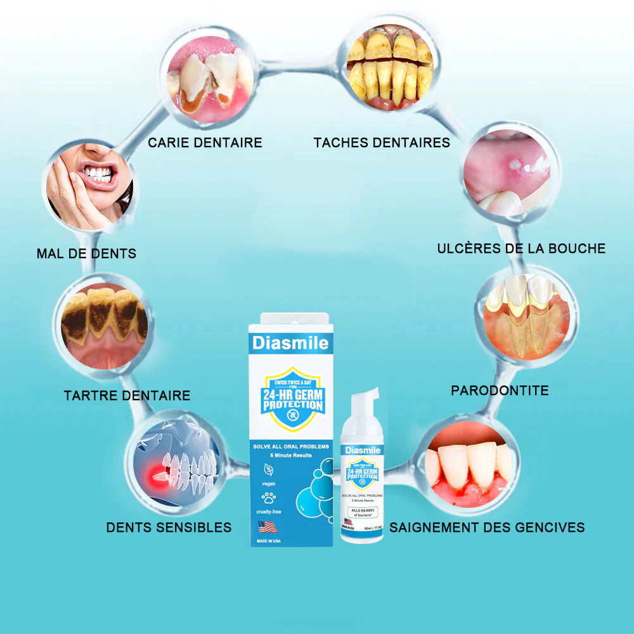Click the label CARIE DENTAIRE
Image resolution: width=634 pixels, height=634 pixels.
(x=205, y=143)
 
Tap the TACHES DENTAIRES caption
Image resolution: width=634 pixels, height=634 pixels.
(x=382, y=143)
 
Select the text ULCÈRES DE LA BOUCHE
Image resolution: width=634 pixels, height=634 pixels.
(x=521, y=249)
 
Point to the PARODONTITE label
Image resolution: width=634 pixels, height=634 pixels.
(x=500, y=391)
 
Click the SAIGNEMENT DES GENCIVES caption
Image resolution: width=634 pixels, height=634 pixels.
(x=487, y=527)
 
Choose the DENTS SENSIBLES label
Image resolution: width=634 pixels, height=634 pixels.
(x=169, y=527)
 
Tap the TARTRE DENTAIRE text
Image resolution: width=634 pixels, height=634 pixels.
(x=127, y=396)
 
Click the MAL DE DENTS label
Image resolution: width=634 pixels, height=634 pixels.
(x=86, y=254)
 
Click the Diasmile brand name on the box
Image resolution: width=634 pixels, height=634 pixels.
(x=290, y=344)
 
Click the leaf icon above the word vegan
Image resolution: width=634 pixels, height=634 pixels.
(x=270, y=470)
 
